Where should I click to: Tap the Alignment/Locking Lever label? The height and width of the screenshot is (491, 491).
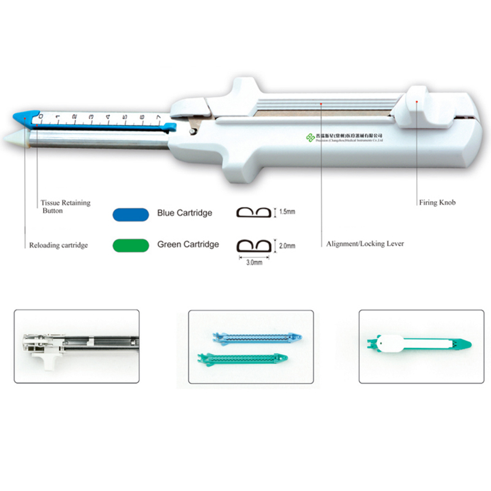pyautogui.click(x=365, y=244)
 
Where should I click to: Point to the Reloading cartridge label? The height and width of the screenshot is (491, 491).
pyautogui.click(x=59, y=245)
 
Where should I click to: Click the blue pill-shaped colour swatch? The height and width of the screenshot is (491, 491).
pyautogui.click(x=130, y=214)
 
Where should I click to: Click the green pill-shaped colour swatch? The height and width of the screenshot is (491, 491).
pyautogui.click(x=130, y=245)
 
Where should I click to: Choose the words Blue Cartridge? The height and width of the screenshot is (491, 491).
pyautogui.click(x=185, y=213)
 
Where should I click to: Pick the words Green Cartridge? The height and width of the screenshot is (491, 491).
pyautogui.click(x=188, y=244)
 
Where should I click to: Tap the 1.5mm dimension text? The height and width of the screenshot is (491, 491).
pyautogui.click(x=287, y=212)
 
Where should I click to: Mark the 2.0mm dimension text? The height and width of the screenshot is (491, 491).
pyautogui.click(x=287, y=245)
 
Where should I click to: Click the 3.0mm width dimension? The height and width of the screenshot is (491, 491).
pyautogui.click(x=254, y=262)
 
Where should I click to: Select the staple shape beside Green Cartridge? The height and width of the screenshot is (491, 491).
pyautogui.click(x=254, y=245)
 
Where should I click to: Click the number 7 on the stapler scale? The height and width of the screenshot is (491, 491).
pyautogui.click(x=158, y=117)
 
